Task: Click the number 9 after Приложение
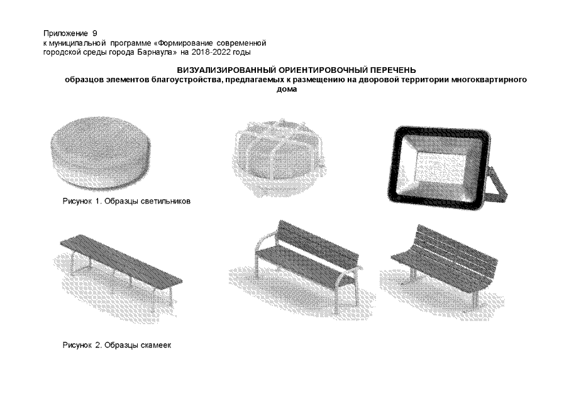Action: [95, 34]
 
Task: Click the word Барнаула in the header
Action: [157, 52]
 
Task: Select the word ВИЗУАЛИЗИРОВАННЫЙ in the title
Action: [225, 70]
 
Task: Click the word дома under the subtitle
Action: [287, 90]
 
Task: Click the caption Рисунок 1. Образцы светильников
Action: [126, 201]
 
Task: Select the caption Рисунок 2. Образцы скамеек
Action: [117, 345]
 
